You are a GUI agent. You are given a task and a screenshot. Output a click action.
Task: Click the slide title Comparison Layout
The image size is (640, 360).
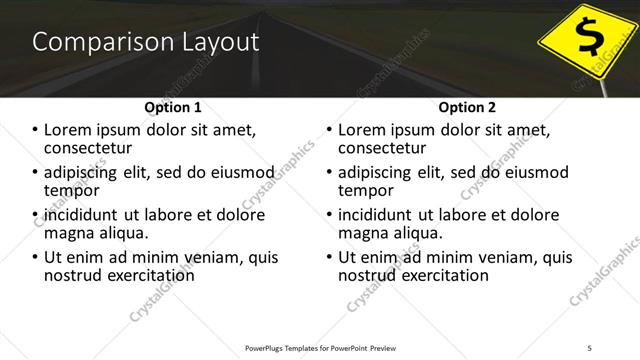point(145,43)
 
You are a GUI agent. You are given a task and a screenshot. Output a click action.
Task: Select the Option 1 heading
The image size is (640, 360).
point(172,107)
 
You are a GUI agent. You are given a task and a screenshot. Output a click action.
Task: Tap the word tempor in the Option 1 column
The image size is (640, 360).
point(72,190)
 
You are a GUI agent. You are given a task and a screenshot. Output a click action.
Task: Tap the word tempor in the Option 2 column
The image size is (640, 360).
point(367,190)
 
